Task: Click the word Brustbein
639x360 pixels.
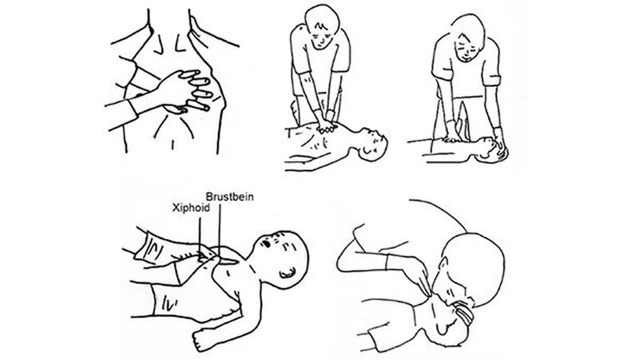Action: tap(229, 197)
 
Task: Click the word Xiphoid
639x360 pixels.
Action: tap(191, 208)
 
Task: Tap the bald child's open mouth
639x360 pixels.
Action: tap(267, 243)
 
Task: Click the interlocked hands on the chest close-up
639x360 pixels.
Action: tap(185, 91)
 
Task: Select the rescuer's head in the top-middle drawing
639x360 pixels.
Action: tap(322, 27)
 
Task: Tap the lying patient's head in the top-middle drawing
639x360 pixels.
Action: tap(371, 145)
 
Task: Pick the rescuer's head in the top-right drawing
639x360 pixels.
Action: tap(468, 38)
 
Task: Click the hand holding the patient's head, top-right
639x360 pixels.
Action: tap(500, 140)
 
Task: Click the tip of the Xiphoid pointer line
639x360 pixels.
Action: tap(200, 255)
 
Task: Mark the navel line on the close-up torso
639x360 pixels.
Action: tap(173, 145)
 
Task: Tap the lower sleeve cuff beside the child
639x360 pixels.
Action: tap(166, 302)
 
